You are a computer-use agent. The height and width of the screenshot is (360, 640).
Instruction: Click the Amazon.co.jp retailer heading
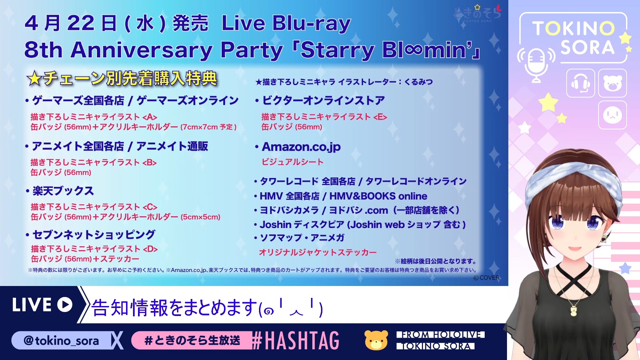(x=301, y=147)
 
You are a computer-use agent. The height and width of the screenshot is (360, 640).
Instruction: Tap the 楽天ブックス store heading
(x=63, y=191)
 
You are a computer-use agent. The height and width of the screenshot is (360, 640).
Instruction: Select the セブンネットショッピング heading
(x=94, y=235)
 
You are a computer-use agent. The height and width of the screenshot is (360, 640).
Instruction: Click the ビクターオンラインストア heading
(x=323, y=100)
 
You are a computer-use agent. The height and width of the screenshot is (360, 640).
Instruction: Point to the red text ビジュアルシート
(x=293, y=162)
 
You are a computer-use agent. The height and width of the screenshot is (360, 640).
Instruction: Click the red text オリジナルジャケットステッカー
(x=318, y=252)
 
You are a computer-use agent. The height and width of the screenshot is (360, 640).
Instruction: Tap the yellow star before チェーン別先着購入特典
(x=34, y=79)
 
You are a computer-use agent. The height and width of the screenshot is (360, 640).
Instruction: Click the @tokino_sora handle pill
(x=62, y=341)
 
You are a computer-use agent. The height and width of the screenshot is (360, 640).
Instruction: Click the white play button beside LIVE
(x=65, y=305)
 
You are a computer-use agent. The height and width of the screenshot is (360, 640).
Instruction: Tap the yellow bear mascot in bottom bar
(x=376, y=340)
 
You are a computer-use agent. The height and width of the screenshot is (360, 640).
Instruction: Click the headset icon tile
(x=580, y=83)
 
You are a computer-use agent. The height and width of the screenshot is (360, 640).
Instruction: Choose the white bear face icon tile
(x=612, y=83)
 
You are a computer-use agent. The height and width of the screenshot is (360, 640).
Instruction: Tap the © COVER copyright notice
(x=486, y=278)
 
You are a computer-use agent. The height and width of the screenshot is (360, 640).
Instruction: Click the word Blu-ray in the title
(x=311, y=24)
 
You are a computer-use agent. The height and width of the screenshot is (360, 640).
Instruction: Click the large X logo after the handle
(x=117, y=340)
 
